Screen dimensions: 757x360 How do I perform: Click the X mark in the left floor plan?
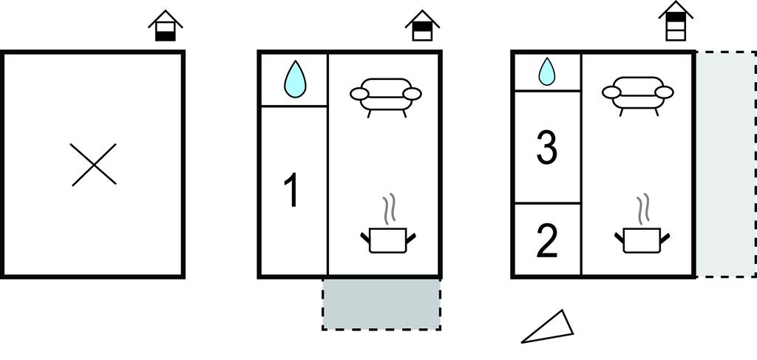click(x=94, y=165)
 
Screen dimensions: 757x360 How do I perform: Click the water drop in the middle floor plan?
click(x=295, y=79)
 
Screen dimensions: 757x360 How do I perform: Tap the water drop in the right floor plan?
click(x=546, y=72)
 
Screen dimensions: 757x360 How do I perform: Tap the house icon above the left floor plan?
click(x=165, y=26)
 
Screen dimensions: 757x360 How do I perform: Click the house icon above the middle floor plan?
click(x=422, y=26)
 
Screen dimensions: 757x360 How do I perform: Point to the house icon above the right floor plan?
click(x=676, y=20)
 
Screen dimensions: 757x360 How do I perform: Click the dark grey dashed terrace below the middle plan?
click(x=381, y=304)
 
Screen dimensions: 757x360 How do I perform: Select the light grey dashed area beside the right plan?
click(x=726, y=164)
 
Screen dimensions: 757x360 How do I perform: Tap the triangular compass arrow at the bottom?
click(x=548, y=327)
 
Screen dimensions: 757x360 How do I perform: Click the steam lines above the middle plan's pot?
click(x=390, y=209)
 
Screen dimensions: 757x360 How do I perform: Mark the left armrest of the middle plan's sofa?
click(x=359, y=94)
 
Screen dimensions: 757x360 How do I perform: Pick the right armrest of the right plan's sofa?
click(x=665, y=92)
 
